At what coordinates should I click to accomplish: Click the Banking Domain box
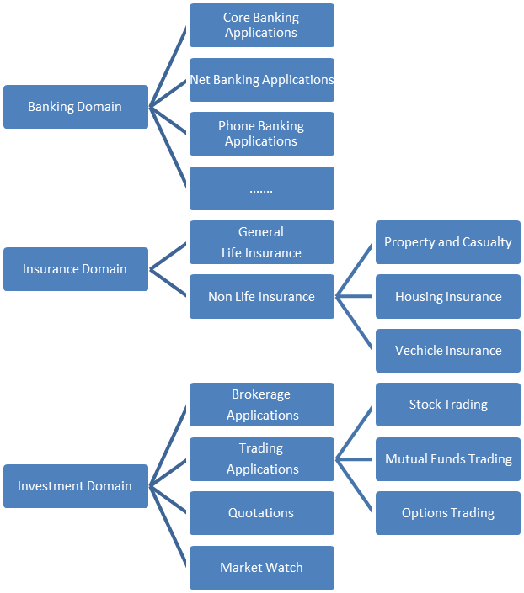click(75, 107)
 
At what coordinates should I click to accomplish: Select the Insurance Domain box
click(75, 269)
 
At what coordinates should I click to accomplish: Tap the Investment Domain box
click(75, 485)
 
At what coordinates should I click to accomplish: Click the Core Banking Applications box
click(261, 25)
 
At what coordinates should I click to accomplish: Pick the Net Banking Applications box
click(261, 80)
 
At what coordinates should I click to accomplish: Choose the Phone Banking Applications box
click(261, 134)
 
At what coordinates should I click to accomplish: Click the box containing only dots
click(261, 188)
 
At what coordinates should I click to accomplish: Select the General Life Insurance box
click(261, 242)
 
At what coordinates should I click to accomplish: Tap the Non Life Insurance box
click(261, 296)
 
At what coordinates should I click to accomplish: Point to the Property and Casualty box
click(447, 242)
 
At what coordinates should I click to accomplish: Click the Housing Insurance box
click(447, 296)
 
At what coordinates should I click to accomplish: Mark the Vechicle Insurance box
click(447, 351)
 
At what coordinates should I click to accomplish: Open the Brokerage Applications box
click(261, 405)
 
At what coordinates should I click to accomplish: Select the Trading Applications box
click(261, 458)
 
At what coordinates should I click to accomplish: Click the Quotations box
click(261, 513)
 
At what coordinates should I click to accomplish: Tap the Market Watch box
click(261, 567)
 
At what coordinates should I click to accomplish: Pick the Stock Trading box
click(447, 405)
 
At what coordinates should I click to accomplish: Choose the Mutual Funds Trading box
click(447, 458)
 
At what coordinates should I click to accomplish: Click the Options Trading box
click(447, 513)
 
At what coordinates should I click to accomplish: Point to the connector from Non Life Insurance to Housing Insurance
click(355, 296)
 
